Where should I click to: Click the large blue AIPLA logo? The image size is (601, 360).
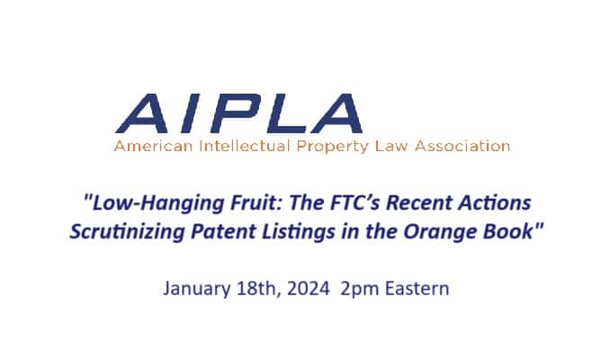238,113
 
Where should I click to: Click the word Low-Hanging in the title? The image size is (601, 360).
158,203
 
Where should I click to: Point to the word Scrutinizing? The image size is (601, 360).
128,232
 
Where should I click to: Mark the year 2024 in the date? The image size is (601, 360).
309,289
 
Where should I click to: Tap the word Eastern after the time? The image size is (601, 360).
417,289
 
